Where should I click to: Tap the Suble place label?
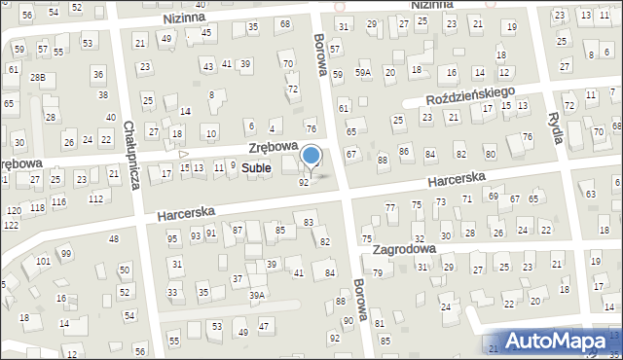click(257, 168)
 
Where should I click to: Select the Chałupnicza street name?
click(131, 155)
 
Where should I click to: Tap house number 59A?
click(363, 72)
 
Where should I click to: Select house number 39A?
click(257, 295)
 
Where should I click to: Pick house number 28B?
click(38, 77)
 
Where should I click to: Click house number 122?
click(10, 225)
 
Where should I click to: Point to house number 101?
click(43, 262)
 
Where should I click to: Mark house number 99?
click(65, 254)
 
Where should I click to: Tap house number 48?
click(114, 238)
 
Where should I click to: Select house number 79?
click(377, 272)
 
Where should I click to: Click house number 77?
click(390, 207)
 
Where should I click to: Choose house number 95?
click(172, 238)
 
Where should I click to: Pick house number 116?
click(59, 201)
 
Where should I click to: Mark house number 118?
click(37, 207)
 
